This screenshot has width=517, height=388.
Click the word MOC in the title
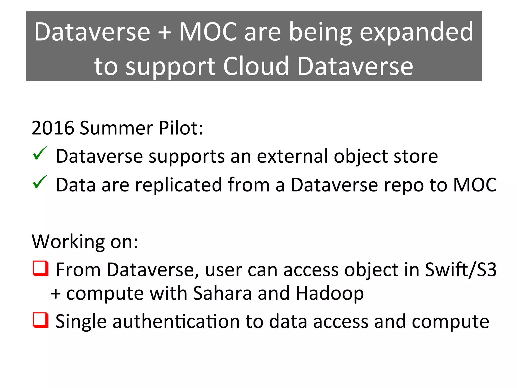[x=208, y=32]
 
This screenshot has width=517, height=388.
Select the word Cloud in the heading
[x=256, y=66]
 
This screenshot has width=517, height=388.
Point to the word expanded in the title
[x=416, y=32]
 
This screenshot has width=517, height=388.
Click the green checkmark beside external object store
[x=40, y=154]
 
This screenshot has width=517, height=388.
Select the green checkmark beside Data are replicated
[x=40, y=182]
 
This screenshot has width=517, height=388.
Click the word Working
[x=68, y=242]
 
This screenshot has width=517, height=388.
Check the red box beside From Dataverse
[x=40, y=269]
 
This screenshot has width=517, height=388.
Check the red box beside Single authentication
[x=40, y=320]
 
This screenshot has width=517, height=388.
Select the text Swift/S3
[x=461, y=270]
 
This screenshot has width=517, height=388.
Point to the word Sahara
[x=222, y=294]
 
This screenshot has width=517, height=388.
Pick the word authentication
[x=176, y=322]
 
